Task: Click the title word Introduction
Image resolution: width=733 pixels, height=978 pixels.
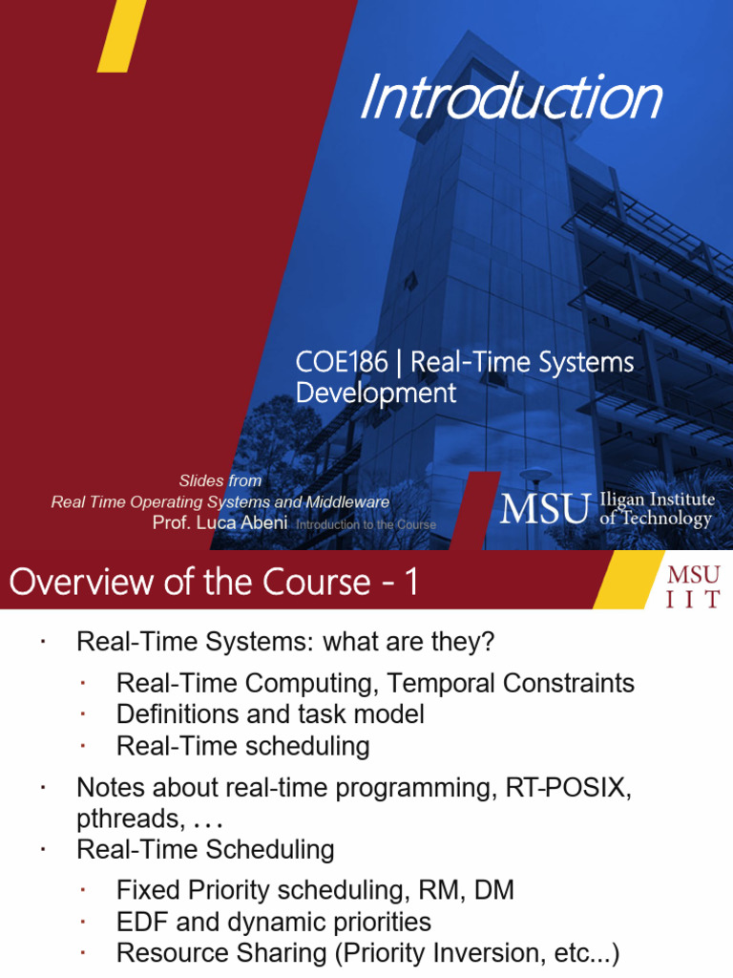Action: pos(511,98)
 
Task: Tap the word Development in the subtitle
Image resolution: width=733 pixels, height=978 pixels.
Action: pos(376,393)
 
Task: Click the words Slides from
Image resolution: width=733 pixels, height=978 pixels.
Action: pos(220,480)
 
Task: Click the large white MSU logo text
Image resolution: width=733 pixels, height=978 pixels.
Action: pos(544,509)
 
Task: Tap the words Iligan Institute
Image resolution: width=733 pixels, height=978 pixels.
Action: pos(657,500)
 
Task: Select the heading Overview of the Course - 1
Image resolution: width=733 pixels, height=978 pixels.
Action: pos(213,582)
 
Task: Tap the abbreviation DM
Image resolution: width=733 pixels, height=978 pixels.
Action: pos(494,890)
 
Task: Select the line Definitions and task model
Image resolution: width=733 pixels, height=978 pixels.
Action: pos(270,713)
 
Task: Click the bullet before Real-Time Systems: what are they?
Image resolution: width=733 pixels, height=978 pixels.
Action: pos(44,642)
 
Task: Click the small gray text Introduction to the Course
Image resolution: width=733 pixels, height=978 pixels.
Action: pos(366,524)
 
